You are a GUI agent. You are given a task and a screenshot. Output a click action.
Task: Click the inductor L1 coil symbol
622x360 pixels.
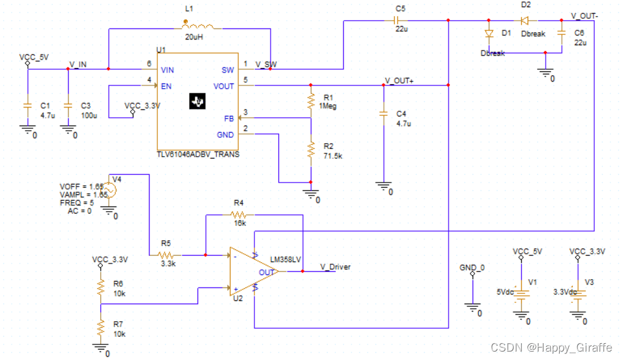coord(202,27)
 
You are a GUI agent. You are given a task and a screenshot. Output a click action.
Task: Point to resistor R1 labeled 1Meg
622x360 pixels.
coord(311,101)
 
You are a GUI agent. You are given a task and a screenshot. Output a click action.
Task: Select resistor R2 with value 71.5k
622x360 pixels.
coord(311,150)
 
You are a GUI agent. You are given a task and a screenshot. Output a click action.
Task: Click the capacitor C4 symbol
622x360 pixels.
coord(384,114)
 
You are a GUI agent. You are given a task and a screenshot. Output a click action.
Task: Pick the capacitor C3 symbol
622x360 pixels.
coord(68,106)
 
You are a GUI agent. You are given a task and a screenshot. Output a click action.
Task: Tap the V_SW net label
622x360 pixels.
coord(267,64)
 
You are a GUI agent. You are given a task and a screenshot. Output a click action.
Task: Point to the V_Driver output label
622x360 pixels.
coord(335,267)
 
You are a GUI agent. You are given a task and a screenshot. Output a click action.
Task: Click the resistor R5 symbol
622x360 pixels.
coord(166,255)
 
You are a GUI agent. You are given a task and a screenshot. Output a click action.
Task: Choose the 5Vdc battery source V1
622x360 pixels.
coord(521,293)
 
